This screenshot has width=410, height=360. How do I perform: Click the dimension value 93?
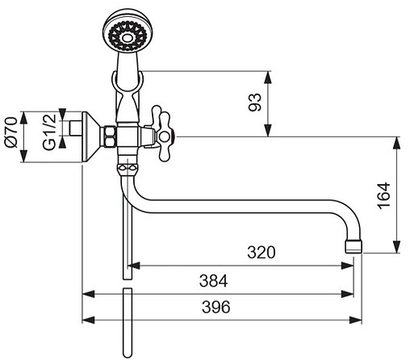[x=255, y=103]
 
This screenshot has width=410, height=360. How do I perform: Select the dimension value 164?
[x=383, y=195]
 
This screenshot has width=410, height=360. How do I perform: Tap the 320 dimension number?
[x=261, y=253]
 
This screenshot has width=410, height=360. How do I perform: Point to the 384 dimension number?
[x=213, y=281]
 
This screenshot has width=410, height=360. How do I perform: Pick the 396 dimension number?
[x=216, y=307]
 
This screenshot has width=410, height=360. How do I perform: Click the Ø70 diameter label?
[x=11, y=132]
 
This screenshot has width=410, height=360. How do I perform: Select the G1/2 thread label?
[x=49, y=132]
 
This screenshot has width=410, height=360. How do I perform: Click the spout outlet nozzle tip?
[x=354, y=246]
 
